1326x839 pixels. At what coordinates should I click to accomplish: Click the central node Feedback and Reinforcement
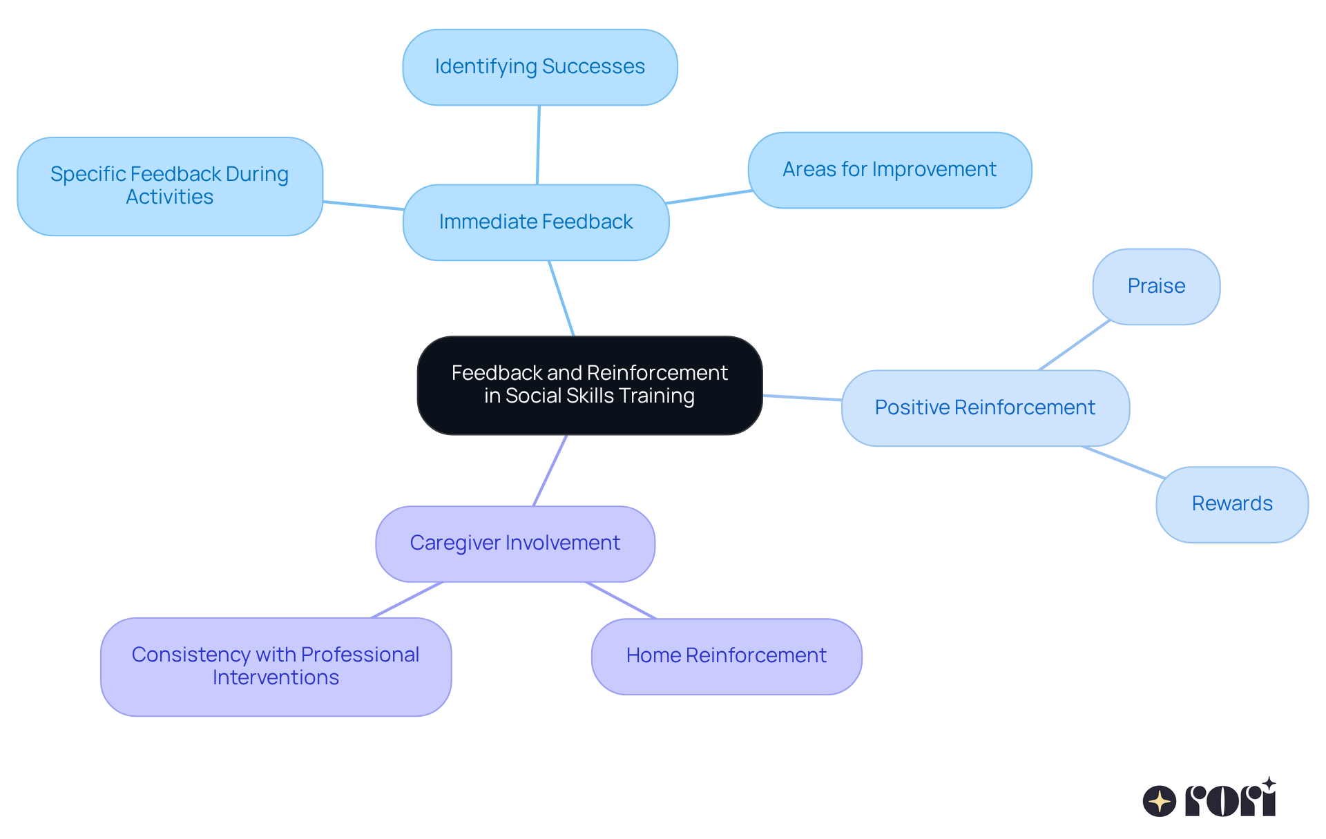click(589, 385)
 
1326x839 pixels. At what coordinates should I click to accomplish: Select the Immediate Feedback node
click(536, 222)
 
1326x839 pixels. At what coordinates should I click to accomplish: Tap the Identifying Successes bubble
click(539, 67)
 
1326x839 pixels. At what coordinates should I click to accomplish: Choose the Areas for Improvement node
click(890, 170)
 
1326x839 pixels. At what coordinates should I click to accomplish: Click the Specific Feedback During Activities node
click(170, 186)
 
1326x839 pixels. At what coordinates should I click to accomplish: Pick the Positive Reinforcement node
click(985, 407)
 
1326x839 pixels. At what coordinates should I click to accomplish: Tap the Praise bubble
click(1156, 286)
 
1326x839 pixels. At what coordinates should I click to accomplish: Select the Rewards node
click(1232, 504)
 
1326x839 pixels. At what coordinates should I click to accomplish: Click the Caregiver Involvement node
click(515, 543)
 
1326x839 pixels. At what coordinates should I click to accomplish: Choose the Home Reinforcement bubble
click(727, 656)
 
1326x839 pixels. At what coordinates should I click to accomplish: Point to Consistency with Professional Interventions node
click(276, 666)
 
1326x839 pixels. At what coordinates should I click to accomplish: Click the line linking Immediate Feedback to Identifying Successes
click(538, 145)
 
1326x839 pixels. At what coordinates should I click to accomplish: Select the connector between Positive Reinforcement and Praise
click(1075, 345)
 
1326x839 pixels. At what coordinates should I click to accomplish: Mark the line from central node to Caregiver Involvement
click(550, 470)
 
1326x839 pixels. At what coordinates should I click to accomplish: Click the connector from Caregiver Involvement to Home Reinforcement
click(621, 600)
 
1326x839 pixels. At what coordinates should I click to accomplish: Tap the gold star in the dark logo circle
click(1160, 801)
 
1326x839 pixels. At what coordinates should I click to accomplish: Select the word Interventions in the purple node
click(276, 677)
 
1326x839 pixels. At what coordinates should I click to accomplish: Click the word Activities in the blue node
click(170, 197)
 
